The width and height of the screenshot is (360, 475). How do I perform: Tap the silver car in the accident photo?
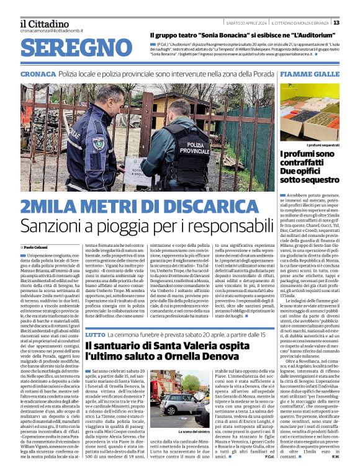pos(179,404)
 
